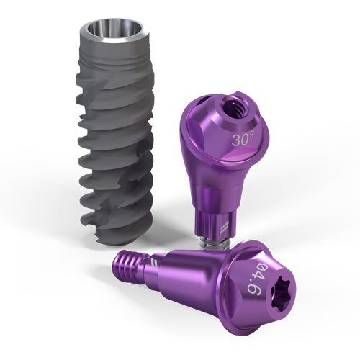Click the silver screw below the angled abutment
point(215,243)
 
